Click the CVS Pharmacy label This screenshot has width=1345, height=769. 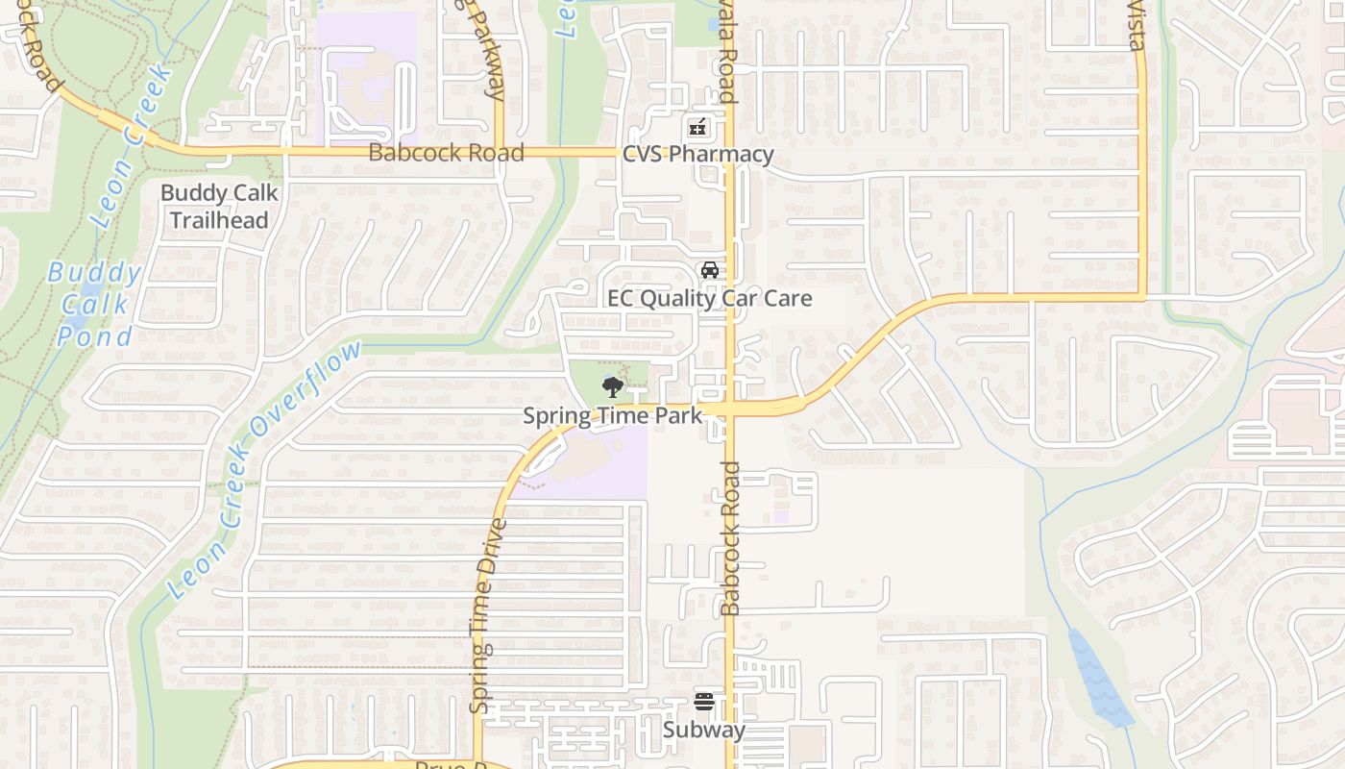(697, 155)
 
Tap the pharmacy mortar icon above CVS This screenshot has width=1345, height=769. (697, 127)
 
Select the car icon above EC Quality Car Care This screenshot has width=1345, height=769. (710, 270)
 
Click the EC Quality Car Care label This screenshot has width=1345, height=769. (709, 299)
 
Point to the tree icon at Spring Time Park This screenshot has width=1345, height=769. (612, 387)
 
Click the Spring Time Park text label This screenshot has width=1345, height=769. (612, 415)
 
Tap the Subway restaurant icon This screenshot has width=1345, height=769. (704, 702)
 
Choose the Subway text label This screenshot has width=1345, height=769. (704, 731)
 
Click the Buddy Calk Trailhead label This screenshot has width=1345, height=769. (219, 206)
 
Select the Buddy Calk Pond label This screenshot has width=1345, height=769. (95, 304)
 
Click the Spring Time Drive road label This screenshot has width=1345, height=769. (486, 615)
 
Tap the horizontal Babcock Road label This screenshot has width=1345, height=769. (446, 153)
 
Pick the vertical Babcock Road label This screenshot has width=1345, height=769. (731, 538)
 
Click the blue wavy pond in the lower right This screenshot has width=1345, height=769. (1100, 678)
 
